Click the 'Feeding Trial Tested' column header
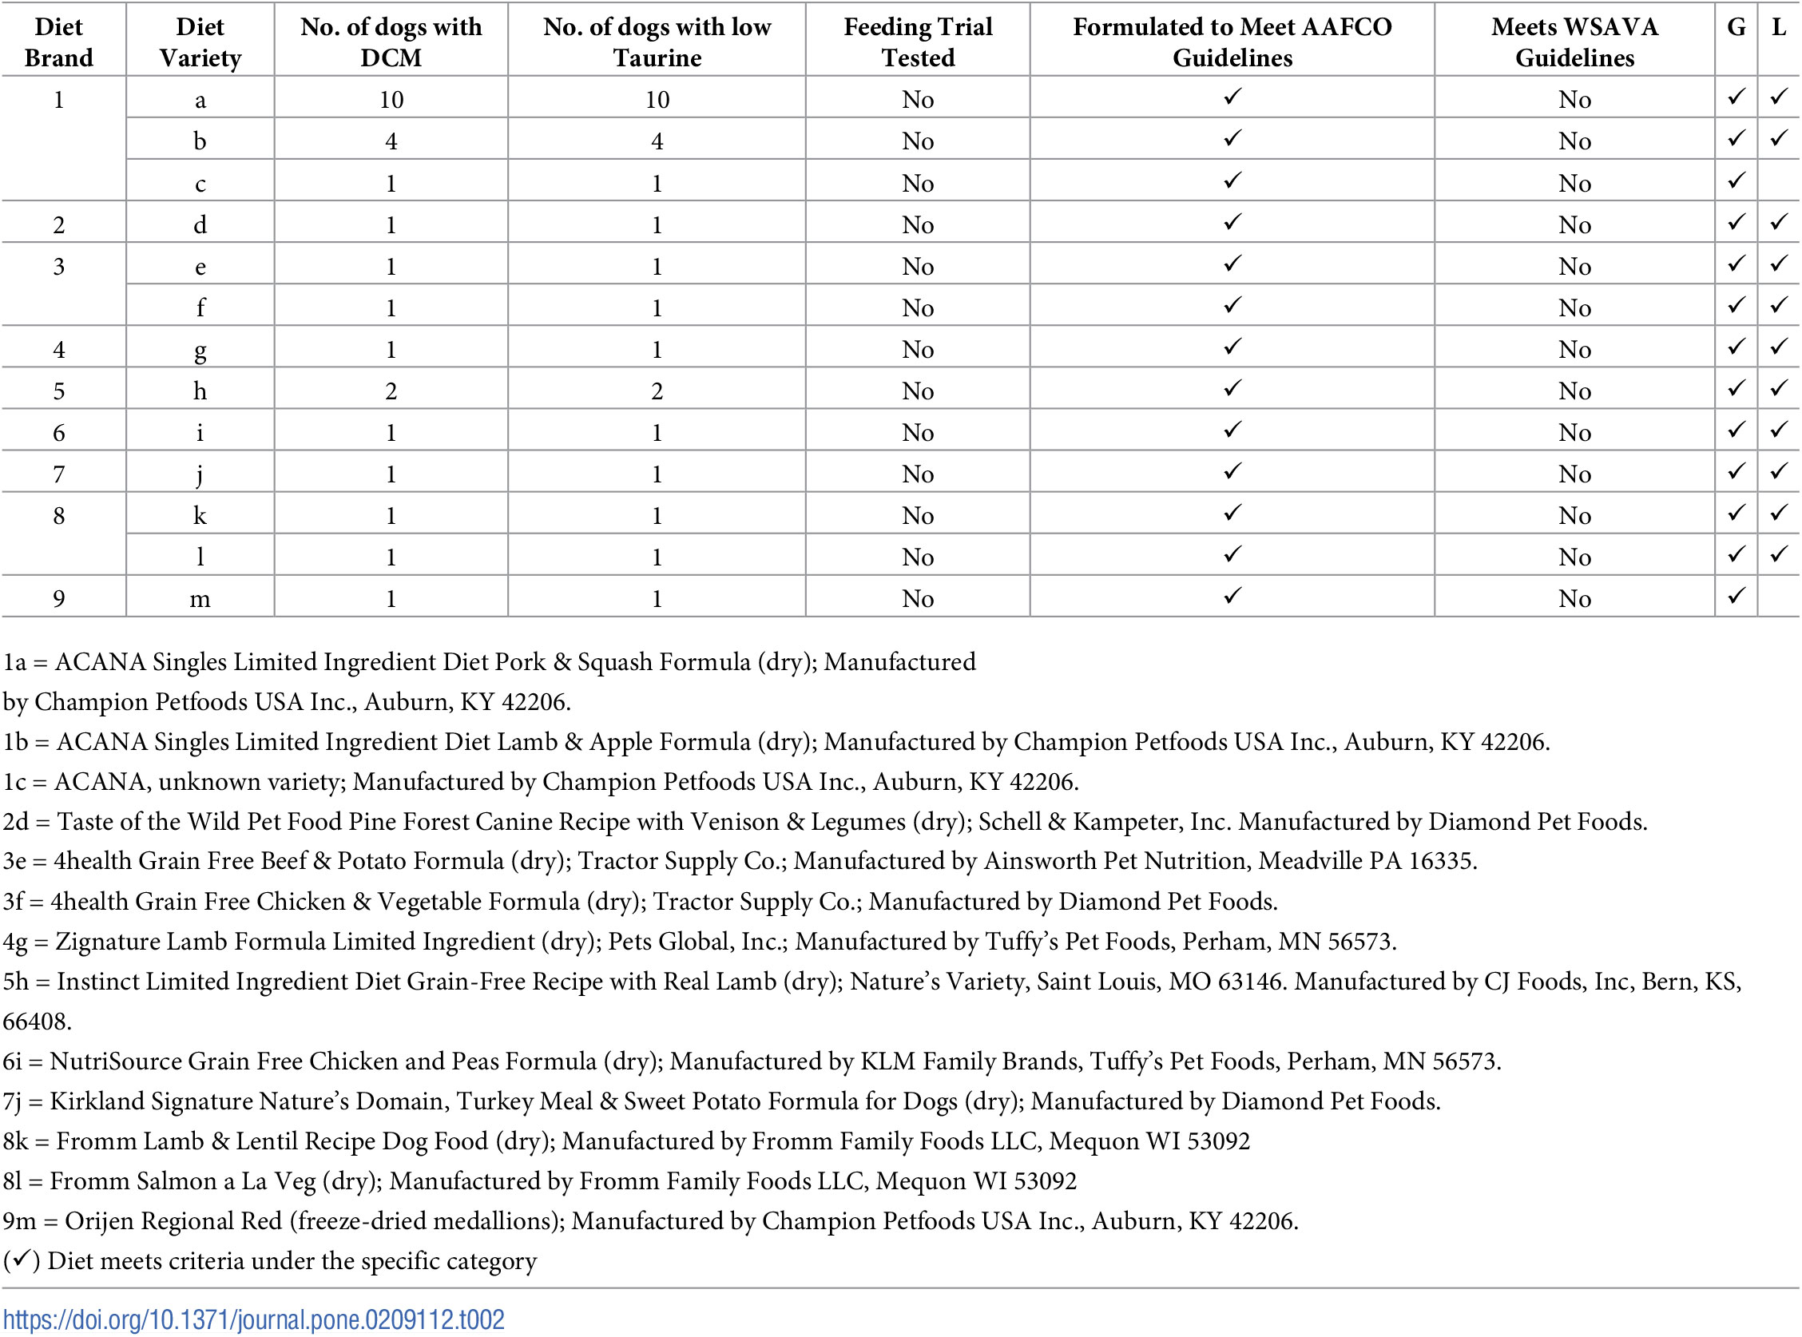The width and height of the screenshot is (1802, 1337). click(918, 42)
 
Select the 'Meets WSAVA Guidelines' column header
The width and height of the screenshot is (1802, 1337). click(1574, 42)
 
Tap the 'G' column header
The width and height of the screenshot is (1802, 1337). click(1736, 27)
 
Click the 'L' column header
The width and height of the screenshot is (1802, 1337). click(1779, 27)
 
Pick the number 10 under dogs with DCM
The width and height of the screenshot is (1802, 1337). click(391, 100)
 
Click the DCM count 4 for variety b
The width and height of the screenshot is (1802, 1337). click(391, 141)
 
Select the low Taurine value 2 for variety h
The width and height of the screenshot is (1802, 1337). click(657, 391)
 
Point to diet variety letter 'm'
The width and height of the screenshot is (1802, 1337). click(200, 599)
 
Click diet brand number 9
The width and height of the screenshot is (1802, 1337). click(59, 599)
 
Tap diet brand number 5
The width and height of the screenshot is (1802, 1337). click(59, 391)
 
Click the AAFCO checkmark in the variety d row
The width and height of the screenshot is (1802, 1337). click(1232, 222)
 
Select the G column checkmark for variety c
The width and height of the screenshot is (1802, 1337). click(1736, 181)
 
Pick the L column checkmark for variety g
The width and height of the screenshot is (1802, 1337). click(1779, 347)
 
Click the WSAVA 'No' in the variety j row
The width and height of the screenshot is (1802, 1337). click(1574, 474)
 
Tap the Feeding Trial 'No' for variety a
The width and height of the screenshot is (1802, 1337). click(918, 100)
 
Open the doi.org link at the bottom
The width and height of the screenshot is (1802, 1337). click(253, 1320)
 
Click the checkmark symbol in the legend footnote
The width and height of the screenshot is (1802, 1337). click(22, 1260)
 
